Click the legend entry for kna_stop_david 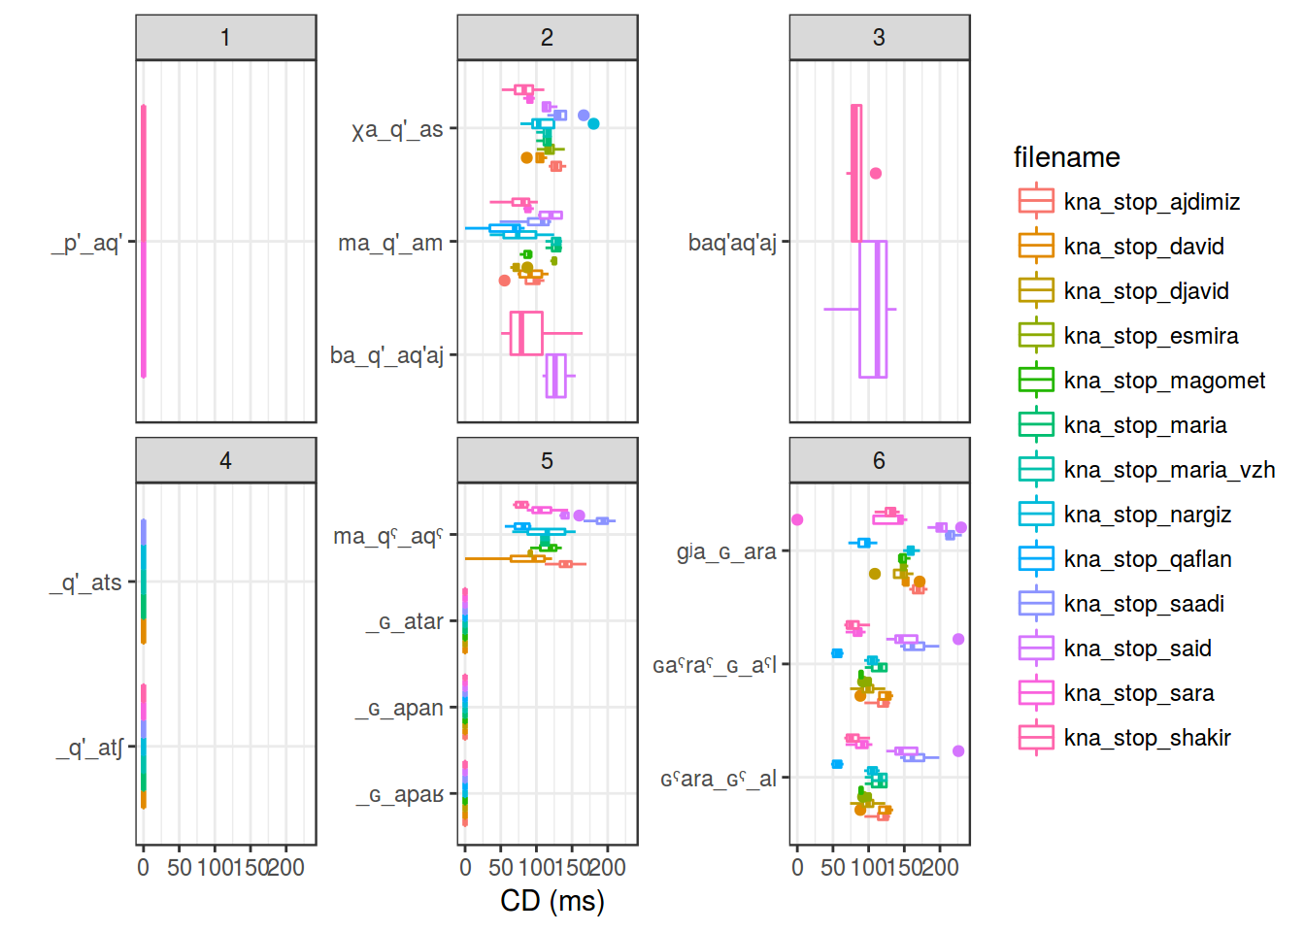(x=1144, y=247)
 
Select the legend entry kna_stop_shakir (x=1147, y=738)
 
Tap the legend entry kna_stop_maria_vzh (x=1169, y=470)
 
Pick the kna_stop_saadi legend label (x=1144, y=604)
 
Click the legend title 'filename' (x=1066, y=157)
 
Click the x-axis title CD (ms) (x=552, y=901)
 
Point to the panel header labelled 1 (x=225, y=38)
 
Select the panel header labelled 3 (x=879, y=38)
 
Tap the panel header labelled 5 (x=547, y=461)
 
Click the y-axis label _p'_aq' (x=86, y=243)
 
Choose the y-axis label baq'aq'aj (x=732, y=243)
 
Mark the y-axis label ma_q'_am (x=390, y=243)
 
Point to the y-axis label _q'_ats (x=86, y=582)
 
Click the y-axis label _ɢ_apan (x=399, y=709)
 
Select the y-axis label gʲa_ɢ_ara (x=726, y=551)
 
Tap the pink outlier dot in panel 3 (x=876, y=174)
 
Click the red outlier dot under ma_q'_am (x=504, y=281)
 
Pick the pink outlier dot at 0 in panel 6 (x=797, y=519)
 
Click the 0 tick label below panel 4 (x=143, y=867)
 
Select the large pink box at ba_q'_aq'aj (x=526, y=333)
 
